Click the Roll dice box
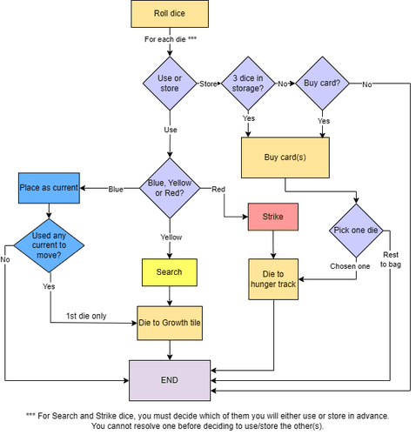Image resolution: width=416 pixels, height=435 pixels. [170, 14]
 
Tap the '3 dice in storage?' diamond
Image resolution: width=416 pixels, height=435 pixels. [250, 84]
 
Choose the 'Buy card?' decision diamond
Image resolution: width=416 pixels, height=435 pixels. [325, 84]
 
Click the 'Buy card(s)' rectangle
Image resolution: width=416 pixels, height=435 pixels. [285, 157]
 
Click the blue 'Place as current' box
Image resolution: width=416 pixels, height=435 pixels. [49, 188]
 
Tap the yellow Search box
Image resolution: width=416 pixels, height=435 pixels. [170, 271]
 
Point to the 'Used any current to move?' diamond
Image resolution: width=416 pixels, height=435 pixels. [49, 245]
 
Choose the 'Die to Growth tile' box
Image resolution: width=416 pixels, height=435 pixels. [170, 322]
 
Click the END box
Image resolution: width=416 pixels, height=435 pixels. [170, 380]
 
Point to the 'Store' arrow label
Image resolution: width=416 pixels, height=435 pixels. [208, 84]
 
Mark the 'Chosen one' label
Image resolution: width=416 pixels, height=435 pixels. [349, 265]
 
